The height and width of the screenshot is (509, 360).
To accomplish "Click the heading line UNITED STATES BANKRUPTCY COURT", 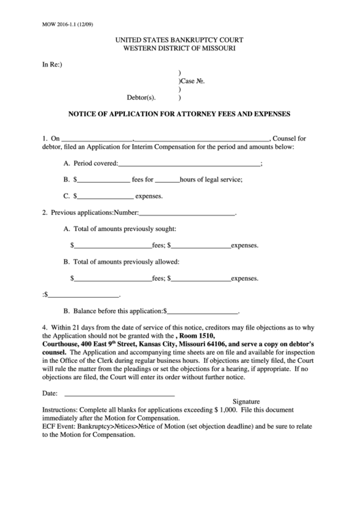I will click(x=179, y=41).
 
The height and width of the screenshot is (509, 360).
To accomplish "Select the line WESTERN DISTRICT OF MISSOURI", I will click(x=179, y=50).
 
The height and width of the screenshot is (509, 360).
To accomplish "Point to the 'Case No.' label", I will click(x=192, y=81).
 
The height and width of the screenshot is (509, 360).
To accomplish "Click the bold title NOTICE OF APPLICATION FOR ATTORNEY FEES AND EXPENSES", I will click(x=179, y=113).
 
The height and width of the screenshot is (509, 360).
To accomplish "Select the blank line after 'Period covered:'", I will click(x=190, y=164).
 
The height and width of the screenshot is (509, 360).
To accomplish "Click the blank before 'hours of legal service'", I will click(x=167, y=180).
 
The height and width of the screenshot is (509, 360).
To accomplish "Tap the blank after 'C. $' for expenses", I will click(x=105, y=196).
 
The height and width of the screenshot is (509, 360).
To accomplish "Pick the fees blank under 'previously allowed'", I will click(x=112, y=278).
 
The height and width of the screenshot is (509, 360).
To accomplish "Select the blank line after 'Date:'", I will click(x=120, y=393).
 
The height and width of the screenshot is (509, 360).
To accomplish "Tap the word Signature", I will click(x=247, y=402).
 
